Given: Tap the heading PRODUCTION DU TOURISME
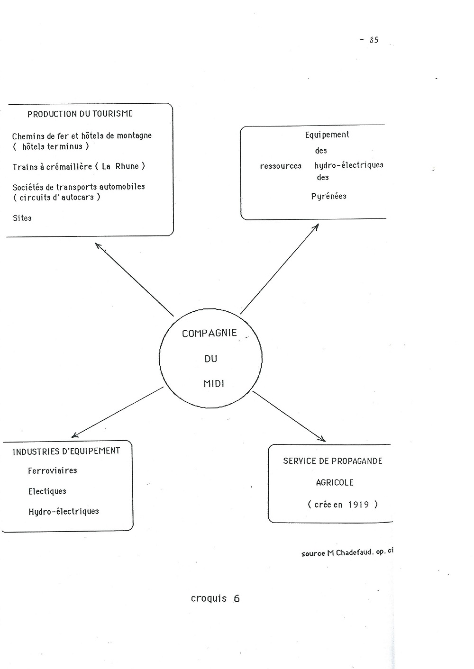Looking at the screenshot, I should pos(80,114).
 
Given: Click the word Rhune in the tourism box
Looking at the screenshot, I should pos(127,166).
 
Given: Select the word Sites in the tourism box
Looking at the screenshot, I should pos(22,218).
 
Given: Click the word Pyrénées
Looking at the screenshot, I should pos(328,196).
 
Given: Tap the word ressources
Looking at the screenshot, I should pos(281,166).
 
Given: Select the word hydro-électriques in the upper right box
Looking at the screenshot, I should pos(348,165).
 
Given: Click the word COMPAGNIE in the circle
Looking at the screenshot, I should pos(209,333).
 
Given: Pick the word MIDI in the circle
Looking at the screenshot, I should pos(214,384).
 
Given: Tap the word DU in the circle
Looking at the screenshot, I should pos(211,359).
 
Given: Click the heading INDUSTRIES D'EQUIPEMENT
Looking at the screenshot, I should pos(66,452).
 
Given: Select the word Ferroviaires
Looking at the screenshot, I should pos(53,470).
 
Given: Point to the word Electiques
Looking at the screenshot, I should pos(47,491).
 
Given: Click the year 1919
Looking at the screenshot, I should pos(358,505).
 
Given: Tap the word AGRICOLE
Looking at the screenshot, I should pos(335,483).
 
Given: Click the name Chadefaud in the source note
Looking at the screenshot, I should pos(355,552).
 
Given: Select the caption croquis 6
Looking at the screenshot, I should pos(215,598).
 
